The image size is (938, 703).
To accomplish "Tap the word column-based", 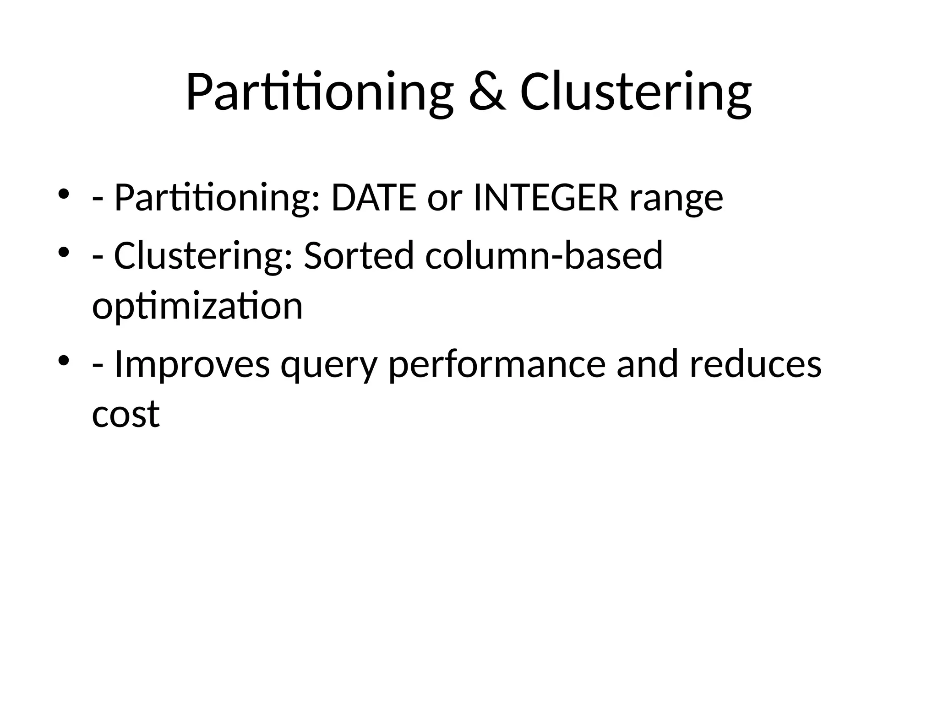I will click(x=544, y=255).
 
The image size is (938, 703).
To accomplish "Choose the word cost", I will click(x=126, y=414).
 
